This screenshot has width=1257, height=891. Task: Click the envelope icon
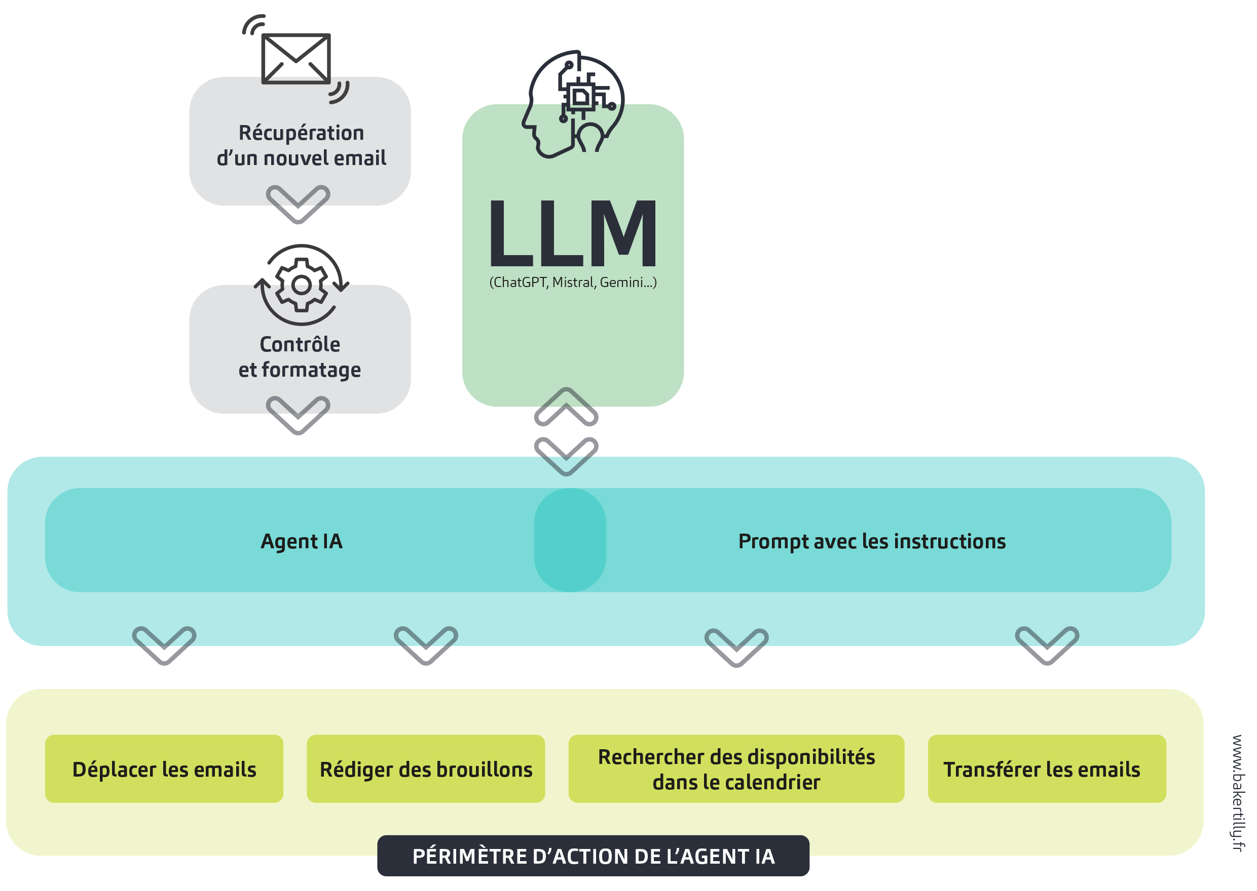pyautogui.click(x=295, y=59)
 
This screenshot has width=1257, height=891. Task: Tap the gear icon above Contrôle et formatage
pyautogui.click(x=301, y=285)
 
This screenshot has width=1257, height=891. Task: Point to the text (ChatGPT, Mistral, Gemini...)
pyautogui.click(x=573, y=282)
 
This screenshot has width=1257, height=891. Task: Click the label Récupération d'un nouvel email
pyautogui.click(x=301, y=145)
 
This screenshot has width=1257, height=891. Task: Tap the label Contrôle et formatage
pyautogui.click(x=300, y=357)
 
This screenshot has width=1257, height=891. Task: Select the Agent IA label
pyautogui.click(x=302, y=542)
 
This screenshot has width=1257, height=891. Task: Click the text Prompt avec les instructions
pyautogui.click(x=872, y=542)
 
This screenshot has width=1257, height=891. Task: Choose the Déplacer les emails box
pyautogui.click(x=164, y=769)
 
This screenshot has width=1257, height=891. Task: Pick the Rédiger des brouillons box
pyautogui.click(x=426, y=769)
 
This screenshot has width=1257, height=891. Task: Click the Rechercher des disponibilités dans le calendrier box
pyautogui.click(x=736, y=769)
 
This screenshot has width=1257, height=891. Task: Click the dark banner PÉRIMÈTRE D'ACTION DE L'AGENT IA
pyautogui.click(x=593, y=857)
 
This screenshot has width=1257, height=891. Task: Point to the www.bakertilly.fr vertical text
pyautogui.click(x=1238, y=793)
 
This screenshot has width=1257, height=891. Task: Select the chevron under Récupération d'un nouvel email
pyautogui.click(x=298, y=204)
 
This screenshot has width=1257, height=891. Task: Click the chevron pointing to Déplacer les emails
pyautogui.click(x=164, y=645)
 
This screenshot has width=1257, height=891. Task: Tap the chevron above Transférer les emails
pyautogui.click(x=1047, y=645)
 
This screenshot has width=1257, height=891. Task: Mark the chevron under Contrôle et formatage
pyautogui.click(x=298, y=415)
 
